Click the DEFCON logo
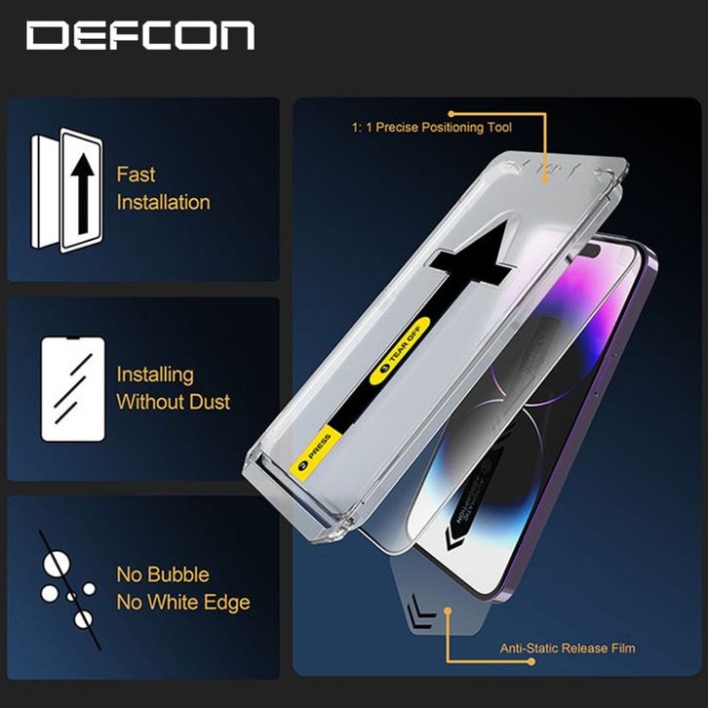140,36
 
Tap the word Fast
136,176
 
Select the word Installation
163,203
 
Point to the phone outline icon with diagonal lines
72,387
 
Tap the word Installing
155,374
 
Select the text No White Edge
182,603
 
